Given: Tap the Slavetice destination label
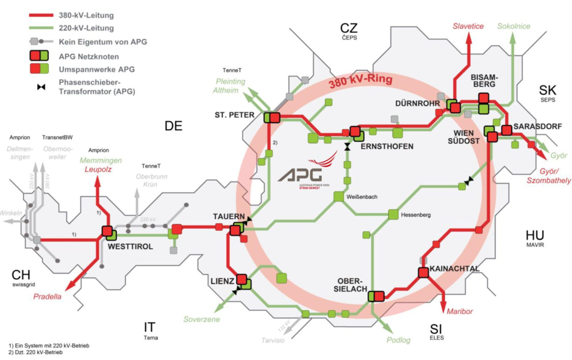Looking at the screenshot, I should pos(468,26).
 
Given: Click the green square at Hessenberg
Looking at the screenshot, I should pos(393,215).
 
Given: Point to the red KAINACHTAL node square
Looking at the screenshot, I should pos(423,272).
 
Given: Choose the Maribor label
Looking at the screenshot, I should pos(459,311).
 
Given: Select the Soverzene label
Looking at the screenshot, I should pos(202,319).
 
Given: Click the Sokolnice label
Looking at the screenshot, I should pos(514,26).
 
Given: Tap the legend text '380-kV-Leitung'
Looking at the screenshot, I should pos(86,15).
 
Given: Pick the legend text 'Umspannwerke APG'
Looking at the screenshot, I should pos(96,69).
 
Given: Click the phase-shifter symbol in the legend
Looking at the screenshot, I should pos(41,87).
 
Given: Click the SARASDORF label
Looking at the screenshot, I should pos(538,127).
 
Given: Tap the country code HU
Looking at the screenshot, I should pos(535,235).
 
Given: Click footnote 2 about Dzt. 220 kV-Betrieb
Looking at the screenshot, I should pos(36,352).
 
